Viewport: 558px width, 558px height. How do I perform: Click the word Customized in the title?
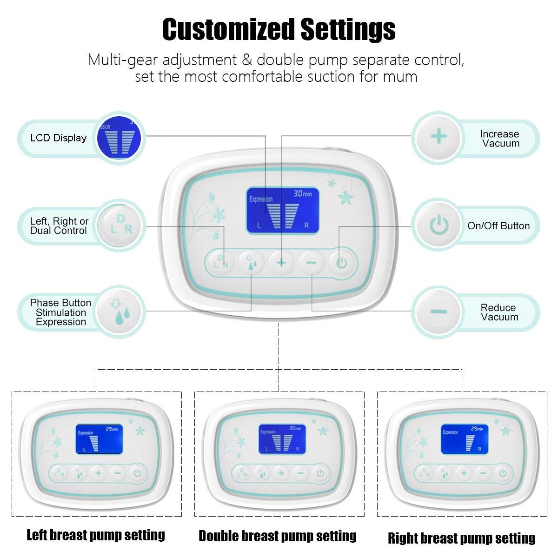[228, 29]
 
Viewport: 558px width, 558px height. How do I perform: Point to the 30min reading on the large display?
[303, 194]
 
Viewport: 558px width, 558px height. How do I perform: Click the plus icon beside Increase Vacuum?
[438, 137]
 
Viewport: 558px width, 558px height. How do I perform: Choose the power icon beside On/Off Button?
[438, 226]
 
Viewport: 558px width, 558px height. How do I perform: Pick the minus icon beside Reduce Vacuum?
[438, 311]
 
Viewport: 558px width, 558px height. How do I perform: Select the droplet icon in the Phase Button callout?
[120, 311]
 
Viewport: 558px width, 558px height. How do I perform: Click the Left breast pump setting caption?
[96, 535]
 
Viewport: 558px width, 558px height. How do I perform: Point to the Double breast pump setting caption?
[278, 536]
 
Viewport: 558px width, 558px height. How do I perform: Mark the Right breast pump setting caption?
[462, 538]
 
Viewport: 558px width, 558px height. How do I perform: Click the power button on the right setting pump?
[503, 473]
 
